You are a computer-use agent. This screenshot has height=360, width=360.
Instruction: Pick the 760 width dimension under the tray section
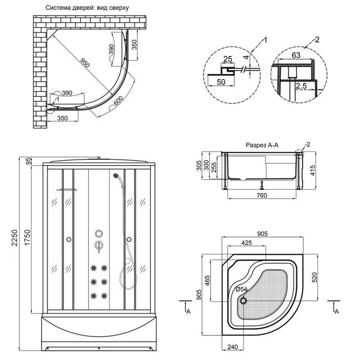click(261, 195)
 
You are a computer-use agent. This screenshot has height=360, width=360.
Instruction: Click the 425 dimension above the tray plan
click(246, 243)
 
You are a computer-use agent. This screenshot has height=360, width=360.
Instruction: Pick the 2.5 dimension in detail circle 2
click(301, 85)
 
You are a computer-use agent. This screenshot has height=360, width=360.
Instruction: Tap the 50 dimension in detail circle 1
click(221, 82)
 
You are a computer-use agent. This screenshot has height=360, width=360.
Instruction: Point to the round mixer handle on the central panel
click(98, 245)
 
